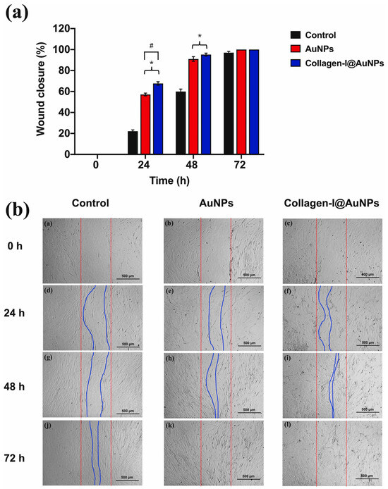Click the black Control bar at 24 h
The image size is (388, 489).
[x=133, y=142]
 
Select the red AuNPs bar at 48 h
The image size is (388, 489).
[x=193, y=106]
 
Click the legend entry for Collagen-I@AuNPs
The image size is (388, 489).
[x=339, y=64]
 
